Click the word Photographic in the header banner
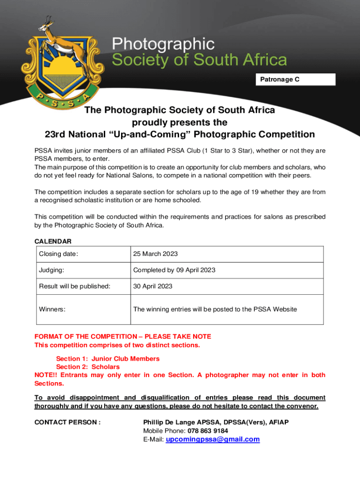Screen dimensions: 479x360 [163, 45]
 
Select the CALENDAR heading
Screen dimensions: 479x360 [53, 241]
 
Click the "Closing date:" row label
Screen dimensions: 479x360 [58, 254]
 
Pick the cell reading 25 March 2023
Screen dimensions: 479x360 [155, 254]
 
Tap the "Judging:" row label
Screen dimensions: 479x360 [51, 270]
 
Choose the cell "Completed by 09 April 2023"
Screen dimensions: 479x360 [174, 270]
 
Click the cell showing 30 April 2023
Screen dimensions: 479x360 [152, 286]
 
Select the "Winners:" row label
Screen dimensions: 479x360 [52, 309]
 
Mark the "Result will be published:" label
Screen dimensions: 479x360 [74, 286]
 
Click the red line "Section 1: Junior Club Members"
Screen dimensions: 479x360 [108, 359]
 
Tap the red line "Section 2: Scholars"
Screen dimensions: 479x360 [88, 367]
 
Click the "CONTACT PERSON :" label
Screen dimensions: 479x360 [67, 422]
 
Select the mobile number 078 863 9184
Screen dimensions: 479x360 [208, 431]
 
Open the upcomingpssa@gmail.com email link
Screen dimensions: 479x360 [212, 439]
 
